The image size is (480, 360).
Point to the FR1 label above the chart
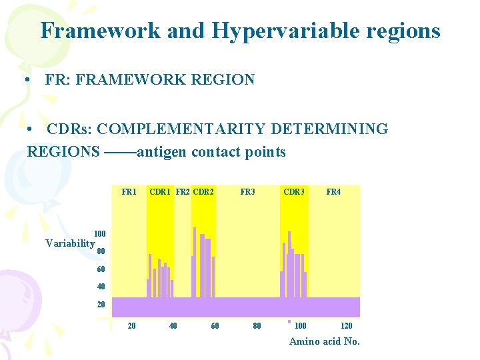coord(129,192)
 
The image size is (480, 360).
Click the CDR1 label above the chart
coord(161,192)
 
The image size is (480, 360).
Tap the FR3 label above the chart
coord(247,192)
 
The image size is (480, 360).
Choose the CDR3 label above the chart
coord(294,192)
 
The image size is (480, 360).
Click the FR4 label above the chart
coord(333,192)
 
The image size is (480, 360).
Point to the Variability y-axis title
coord(70,243)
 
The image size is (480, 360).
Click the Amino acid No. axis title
coord(324,341)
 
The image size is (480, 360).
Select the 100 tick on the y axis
coord(100,234)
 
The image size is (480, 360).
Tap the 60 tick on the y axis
coord(101,269)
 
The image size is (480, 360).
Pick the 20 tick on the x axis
coord(132,326)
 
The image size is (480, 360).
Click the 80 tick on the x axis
coord(257,326)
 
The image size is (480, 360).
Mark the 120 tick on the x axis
coord(347,326)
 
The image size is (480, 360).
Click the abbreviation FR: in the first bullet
coord(59,80)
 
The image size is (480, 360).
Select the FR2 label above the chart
coord(183,192)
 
